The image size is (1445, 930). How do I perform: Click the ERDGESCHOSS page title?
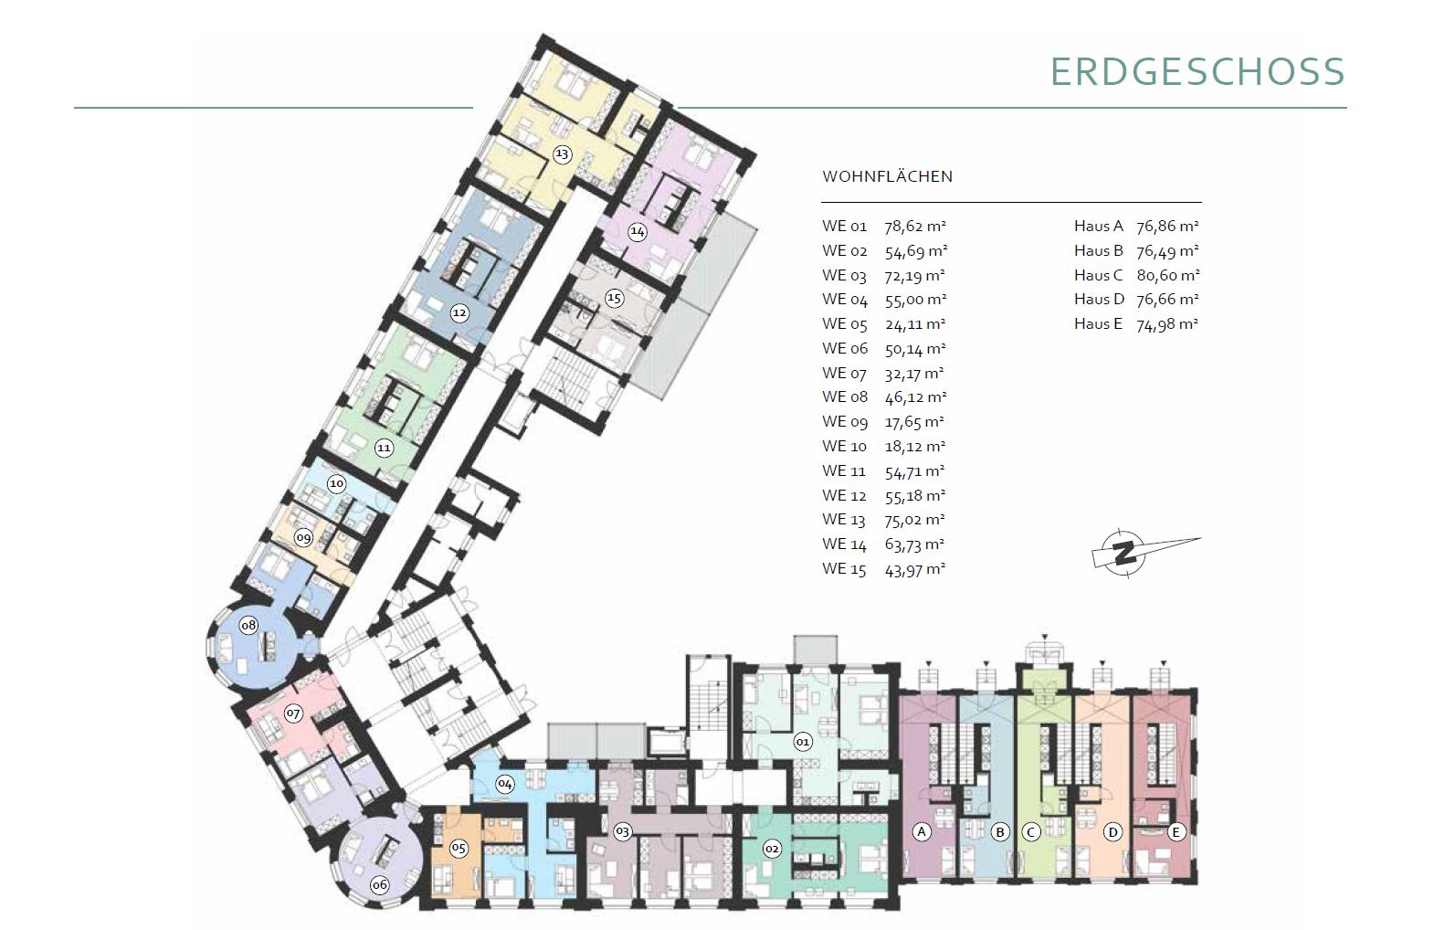tap(1198, 71)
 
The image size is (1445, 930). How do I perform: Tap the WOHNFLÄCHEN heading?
tap(887, 176)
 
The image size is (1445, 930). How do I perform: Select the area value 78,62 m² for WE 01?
tap(915, 227)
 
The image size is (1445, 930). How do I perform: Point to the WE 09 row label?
tap(844, 422)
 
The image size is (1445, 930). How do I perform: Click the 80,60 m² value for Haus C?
tap(1168, 276)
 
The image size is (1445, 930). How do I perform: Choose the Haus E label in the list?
tap(1099, 324)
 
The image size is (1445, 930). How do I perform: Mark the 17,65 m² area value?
tap(914, 422)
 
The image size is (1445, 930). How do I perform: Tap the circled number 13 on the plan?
tap(562, 154)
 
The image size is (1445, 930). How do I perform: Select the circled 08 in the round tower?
tap(248, 625)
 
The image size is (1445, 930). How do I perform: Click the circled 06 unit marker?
tap(380, 885)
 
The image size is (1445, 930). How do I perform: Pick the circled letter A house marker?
tap(922, 832)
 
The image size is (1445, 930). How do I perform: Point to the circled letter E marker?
tap(1176, 832)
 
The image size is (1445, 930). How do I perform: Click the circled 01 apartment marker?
tap(803, 742)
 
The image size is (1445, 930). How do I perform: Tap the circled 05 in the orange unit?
tap(459, 848)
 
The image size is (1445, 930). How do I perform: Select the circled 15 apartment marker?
tap(614, 298)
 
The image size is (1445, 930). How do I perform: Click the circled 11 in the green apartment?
tap(384, 448)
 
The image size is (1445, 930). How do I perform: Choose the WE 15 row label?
tap(844, 569)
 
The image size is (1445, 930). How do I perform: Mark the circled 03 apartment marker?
tap(622, 832)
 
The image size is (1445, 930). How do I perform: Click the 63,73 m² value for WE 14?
tap(914, 544)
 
